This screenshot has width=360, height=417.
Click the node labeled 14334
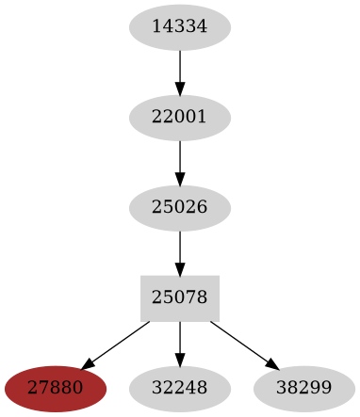(x=179, y=27)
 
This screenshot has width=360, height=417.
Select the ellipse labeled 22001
(x=179, y=118)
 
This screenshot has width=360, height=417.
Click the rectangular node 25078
(x=179, y=297)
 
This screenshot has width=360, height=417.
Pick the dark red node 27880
(x=55, y=388)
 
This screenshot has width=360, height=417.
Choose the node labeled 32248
(x=179, y=388)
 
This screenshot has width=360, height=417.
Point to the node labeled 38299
(x=303, y=388)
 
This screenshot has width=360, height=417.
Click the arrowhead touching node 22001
(x=179, y=89)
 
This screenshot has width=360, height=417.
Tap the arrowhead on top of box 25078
(x=179, y=269)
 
